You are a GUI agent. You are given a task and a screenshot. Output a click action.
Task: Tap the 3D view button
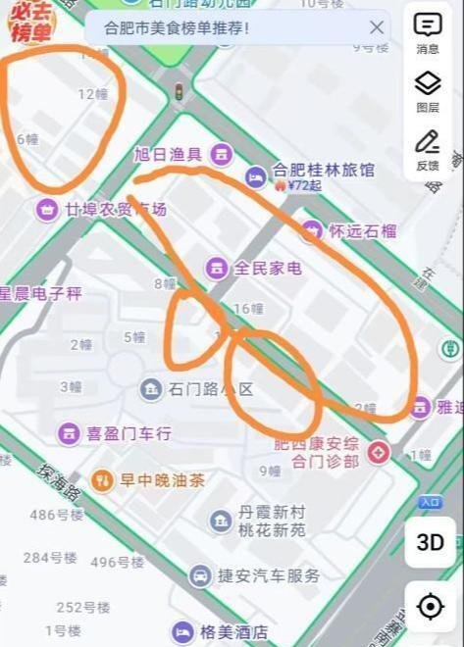[x=430, y=542]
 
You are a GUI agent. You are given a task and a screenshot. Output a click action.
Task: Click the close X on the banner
[x=377, y=27]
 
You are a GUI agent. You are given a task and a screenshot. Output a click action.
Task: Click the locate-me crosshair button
[x=430, y=607]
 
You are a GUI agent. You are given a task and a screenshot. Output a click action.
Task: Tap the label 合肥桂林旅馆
[x=324, y=170]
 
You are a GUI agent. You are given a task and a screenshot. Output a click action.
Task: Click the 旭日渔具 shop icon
[x=223, y=153]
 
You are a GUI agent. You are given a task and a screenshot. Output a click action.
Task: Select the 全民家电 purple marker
[x=217, y=268]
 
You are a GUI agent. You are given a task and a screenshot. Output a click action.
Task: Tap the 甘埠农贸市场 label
[x=116, y=209]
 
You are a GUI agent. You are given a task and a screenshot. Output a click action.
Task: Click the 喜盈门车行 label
[x=129, y=432]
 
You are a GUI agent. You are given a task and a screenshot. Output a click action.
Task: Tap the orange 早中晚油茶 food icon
[x=102, y=479]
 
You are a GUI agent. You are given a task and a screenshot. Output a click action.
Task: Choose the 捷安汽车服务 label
[x=269, y=575]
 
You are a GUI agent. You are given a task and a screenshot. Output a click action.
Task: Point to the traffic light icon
[x=179, y=91]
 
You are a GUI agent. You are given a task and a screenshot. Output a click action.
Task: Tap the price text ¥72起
[x=305, y=184]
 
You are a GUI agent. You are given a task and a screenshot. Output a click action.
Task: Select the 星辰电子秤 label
[x=41, y=293]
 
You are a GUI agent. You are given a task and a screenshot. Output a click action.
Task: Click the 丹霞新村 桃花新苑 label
[x=273, y=521]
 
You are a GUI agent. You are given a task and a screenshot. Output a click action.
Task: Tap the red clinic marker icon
[x=378, y=452]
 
